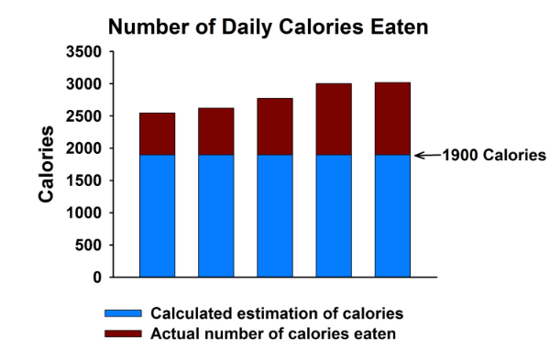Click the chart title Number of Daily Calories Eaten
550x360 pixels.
[269, 27]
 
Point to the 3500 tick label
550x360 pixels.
[84, 52]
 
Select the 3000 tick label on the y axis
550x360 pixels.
[84, 84]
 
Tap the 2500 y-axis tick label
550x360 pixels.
[84, 116]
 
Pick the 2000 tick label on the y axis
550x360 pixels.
[84, 148]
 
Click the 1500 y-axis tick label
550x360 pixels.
[84, 180]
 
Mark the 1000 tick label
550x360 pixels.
[84, 213]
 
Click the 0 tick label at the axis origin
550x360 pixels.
[96, 277]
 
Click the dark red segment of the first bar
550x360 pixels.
[157, 134]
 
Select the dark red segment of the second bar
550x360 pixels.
[215, 131]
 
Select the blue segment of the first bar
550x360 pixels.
[157, 215]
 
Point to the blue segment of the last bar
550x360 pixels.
[392, 215]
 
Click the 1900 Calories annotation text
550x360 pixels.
[494, 155]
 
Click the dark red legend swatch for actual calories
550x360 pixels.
[123, 333]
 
